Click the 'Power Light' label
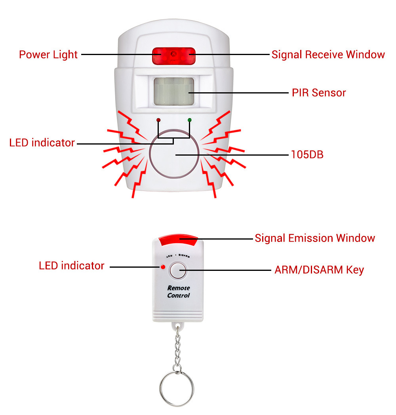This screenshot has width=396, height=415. point(48,54)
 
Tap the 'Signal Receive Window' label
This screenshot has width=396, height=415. point(328,54)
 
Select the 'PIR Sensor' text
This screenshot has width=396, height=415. point(319,93)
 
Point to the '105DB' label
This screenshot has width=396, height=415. point(307,154)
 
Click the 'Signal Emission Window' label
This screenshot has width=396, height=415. point(314,238)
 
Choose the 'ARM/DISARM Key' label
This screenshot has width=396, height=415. point(319,270)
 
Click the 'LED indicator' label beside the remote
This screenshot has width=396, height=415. point(71,266)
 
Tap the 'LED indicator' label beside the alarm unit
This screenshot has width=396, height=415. point(42,143)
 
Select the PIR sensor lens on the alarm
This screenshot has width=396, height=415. point(173,91)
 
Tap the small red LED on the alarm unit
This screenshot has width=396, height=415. point(158,120)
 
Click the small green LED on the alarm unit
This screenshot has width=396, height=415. point(189,120)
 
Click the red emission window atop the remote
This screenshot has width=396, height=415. point(178,239)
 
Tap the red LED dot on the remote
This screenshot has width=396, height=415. point(162,267)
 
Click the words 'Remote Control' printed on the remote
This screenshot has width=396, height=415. point(178,292)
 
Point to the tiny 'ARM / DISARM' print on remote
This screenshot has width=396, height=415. point(178,256)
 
